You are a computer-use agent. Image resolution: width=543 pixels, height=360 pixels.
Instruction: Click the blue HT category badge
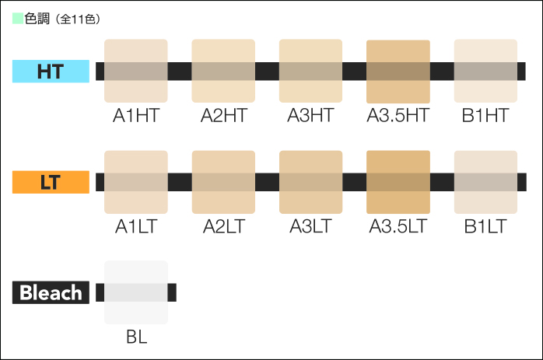(x=51, y=72)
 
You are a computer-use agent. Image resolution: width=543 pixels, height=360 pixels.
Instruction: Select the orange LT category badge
(x=51, y=182)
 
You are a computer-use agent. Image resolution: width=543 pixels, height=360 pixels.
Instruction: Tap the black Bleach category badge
(x=51, y=292)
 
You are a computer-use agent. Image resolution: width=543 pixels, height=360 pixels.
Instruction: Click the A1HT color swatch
(x=136, y=71)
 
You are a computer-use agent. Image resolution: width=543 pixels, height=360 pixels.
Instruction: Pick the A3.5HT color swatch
(x=398, y=72)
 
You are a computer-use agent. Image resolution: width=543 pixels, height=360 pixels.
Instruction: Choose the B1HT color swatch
(x=486, y=71)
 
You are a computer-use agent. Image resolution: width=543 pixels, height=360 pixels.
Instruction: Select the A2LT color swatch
(x=223, y=182)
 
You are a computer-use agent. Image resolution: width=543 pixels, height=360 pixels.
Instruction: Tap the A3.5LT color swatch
(x=398, y=182)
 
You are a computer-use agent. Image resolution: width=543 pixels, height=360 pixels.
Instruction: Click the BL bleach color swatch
(x=136, y=292)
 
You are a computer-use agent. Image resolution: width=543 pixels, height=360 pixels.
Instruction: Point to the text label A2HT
(x=224, y=116)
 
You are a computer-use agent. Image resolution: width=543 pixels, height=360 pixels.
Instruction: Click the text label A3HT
(x=310, y=116)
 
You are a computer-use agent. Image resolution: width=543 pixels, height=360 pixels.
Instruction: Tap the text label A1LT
(x=136, y=226)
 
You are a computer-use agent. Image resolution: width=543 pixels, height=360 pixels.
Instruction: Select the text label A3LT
(x=310, y=226)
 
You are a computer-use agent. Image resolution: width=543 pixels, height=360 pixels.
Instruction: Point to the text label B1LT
(x=485, y=226)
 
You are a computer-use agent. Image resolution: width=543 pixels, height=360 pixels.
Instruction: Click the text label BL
(x=137, y=337)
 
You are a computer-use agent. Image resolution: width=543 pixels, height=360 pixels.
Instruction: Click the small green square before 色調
(x=18, y=19)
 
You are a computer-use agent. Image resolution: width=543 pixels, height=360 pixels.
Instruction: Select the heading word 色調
(x=37, y=19)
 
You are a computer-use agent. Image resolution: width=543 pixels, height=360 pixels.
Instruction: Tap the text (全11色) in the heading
(x=78, y=19)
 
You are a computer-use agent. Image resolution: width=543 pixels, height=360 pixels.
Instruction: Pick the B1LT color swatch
(x=486, y=182)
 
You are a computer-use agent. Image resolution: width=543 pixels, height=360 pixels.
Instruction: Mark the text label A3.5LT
(x=398, y=226)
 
